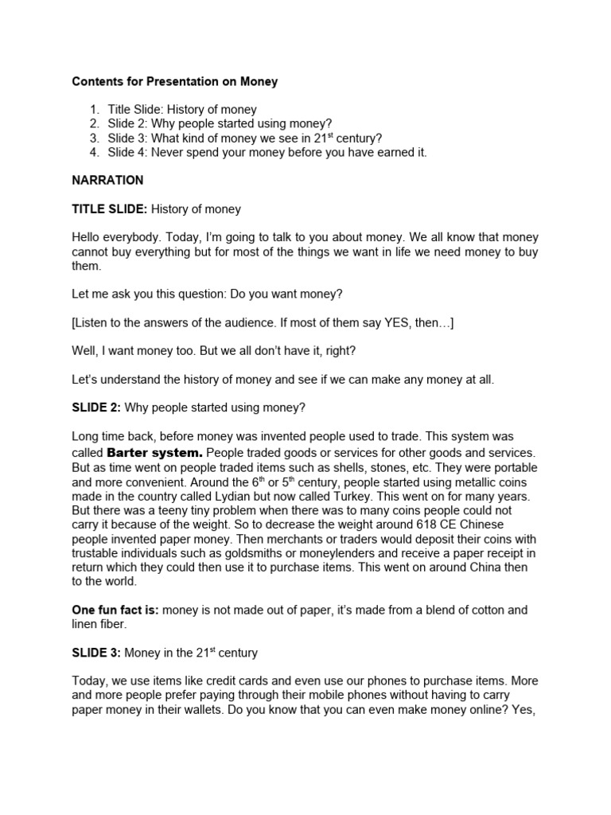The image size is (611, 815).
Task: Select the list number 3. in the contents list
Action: [x=95, y=138]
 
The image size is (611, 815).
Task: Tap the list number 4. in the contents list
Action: [x=95, y=152]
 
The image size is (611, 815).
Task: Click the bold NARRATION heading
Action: [x=107, y=181]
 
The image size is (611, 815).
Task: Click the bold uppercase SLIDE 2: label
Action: [x=96, y=407]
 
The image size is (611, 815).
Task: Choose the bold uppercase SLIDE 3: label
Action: [x=96, y=653]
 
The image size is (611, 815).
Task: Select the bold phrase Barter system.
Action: [x=160, y=452]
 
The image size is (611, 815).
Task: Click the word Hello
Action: [x=88, y=238]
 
